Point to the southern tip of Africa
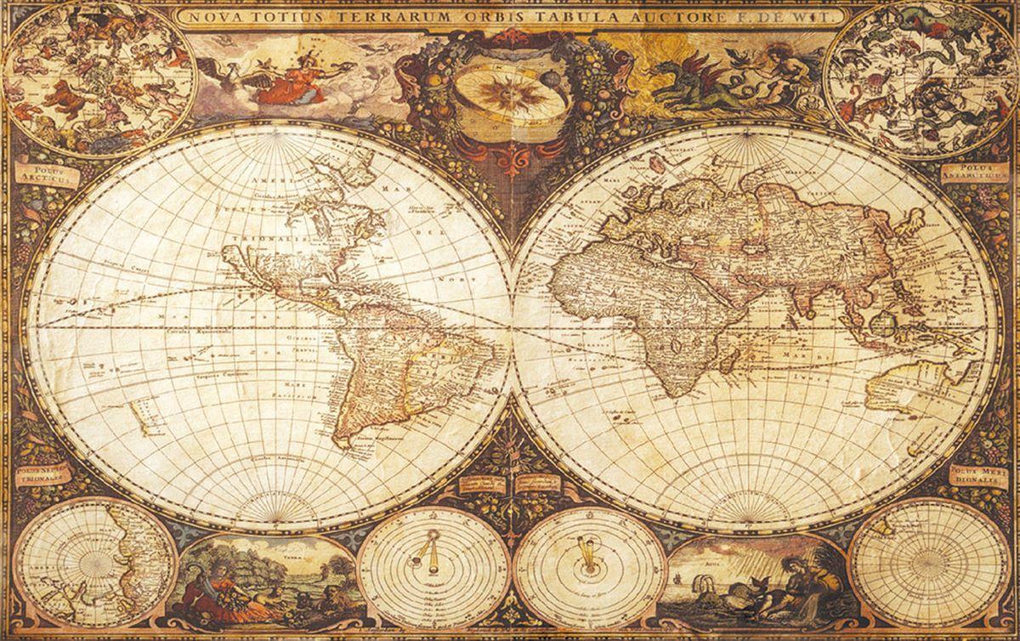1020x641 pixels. point(671,393)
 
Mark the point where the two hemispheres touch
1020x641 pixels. point(512,327)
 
